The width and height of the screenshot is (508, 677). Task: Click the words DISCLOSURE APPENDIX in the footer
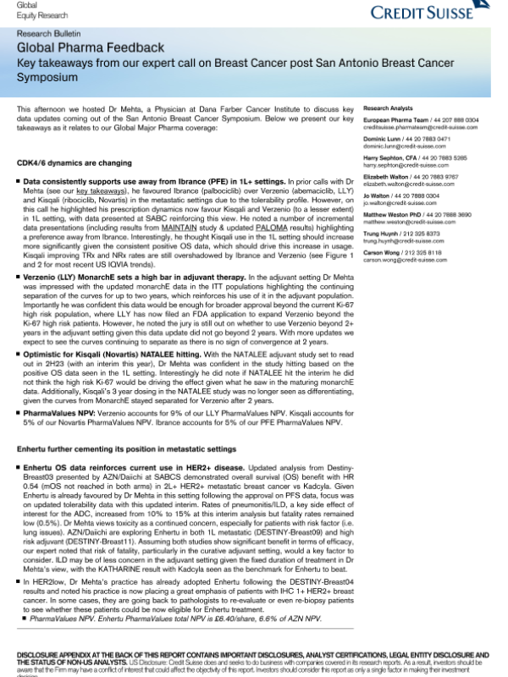click(52, 655)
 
